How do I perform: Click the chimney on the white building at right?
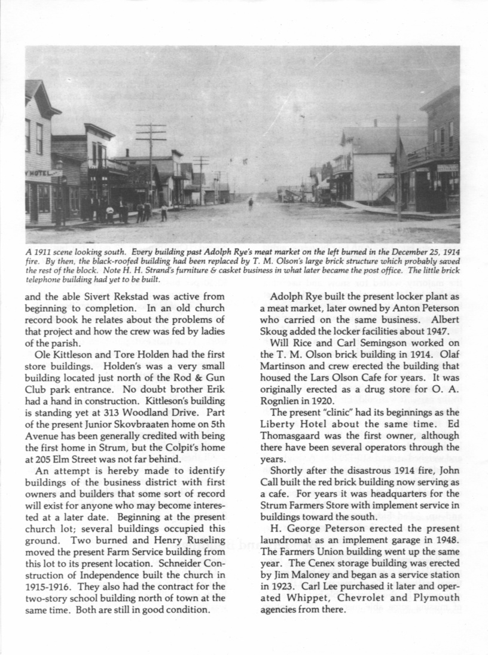375,123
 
